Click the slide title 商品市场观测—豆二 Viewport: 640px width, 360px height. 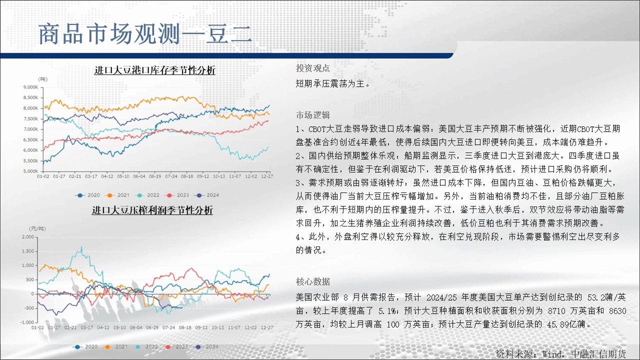(x=145, y=34)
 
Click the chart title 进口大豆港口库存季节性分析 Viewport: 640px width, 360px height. (x=155, y=70)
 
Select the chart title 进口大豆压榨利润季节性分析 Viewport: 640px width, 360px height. (x=152, y=210)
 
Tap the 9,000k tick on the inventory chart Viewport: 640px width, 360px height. (x=31, y=87)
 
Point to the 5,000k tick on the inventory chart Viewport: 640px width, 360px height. (x=31, y=171)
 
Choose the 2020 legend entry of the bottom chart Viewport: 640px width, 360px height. (x=85, y=346)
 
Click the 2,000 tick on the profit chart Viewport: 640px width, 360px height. (x=28, y=237)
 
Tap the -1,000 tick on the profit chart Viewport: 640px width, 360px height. (x=27, y=322)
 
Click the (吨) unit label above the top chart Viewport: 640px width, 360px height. (x=43, y=79)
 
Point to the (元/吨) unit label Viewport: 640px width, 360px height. (x=37, y=228)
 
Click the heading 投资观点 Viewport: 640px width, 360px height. (x=313, y=68)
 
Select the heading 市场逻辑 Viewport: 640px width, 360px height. (x=313, y=115)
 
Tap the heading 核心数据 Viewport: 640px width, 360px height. (x=313, y=281)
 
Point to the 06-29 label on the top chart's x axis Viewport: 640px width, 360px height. (x=155, y=176)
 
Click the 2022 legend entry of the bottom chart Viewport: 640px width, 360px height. (x=147, y=346)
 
